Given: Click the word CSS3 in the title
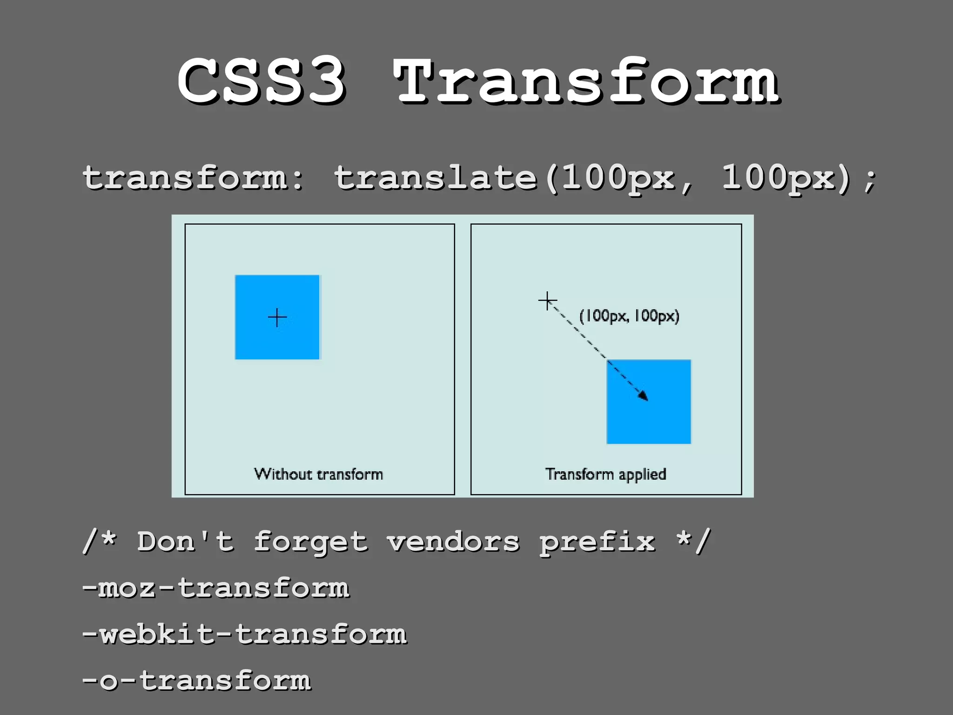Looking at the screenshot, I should tap(262, 80).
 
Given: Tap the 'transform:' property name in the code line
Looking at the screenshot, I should tap(193, 178).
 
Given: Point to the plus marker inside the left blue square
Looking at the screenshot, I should tap(277, 317).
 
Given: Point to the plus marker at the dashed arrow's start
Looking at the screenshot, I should tap(547, 301).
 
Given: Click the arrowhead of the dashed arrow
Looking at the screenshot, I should tap(644, 396).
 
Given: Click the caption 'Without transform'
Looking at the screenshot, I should tap(319, 474).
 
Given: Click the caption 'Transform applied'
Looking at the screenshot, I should tap(606, 474).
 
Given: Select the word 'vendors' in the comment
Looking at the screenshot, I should tap(453, 542).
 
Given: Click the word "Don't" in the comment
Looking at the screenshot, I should tap(185, 542).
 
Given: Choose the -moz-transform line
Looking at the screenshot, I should tap(215, 588).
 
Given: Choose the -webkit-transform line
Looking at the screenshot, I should tap(244, 634).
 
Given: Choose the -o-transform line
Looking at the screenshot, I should tap(196, 680).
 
